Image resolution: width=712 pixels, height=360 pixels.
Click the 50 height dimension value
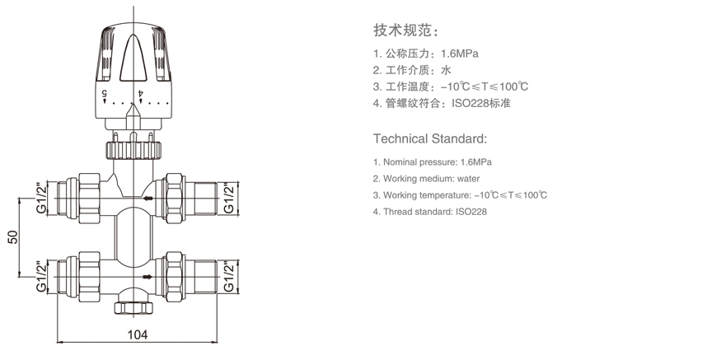(12, 237)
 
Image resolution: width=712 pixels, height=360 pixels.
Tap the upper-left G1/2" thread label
(41, 198)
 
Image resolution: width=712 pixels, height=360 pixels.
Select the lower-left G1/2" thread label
(41, 276)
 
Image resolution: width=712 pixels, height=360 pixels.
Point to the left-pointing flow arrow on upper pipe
(148, 199)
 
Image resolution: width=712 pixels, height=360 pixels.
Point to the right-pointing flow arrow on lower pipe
(148, 277)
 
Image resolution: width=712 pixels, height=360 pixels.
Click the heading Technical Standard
(430, 138)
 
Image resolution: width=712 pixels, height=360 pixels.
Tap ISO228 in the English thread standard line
(471, 212)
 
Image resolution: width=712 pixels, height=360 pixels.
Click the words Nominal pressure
(415, 161)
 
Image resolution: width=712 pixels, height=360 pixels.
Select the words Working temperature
(424, 195)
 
